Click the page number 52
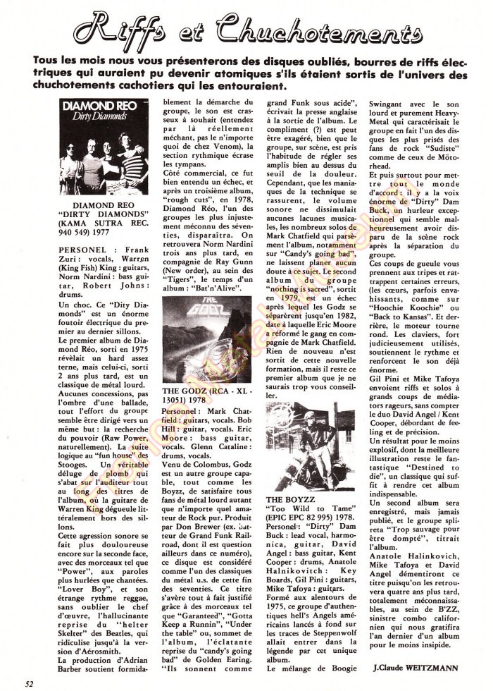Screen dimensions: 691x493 coord(29,683)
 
